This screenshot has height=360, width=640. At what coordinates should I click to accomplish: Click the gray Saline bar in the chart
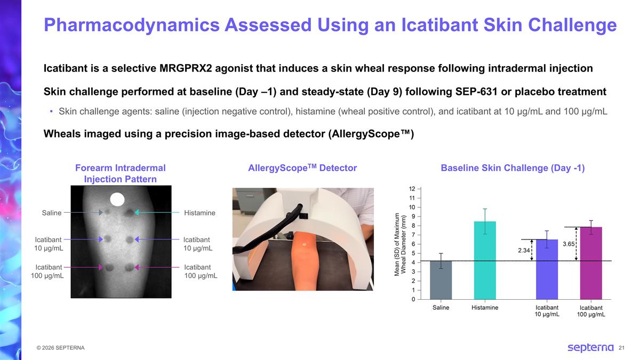point(441,280)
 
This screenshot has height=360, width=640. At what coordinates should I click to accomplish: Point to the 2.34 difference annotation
point(523,250)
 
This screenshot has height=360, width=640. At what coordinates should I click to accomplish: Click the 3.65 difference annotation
point(569,244)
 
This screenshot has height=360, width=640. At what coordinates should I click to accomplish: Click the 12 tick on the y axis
point(412,189)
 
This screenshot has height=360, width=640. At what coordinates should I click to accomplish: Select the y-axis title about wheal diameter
point(400,244)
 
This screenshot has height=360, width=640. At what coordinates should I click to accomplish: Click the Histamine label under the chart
point(485,308)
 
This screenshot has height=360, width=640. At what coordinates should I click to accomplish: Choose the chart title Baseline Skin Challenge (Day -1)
point(513,168)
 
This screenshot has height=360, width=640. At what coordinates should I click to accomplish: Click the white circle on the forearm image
point(117,199)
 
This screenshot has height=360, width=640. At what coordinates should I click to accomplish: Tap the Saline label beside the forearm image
point(52,213)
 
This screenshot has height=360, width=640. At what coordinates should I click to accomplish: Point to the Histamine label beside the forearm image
point(199,213)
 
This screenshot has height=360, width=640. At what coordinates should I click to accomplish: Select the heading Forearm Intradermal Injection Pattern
point(121,173)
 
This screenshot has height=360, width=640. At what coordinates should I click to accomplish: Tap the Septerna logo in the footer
point(590,348)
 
